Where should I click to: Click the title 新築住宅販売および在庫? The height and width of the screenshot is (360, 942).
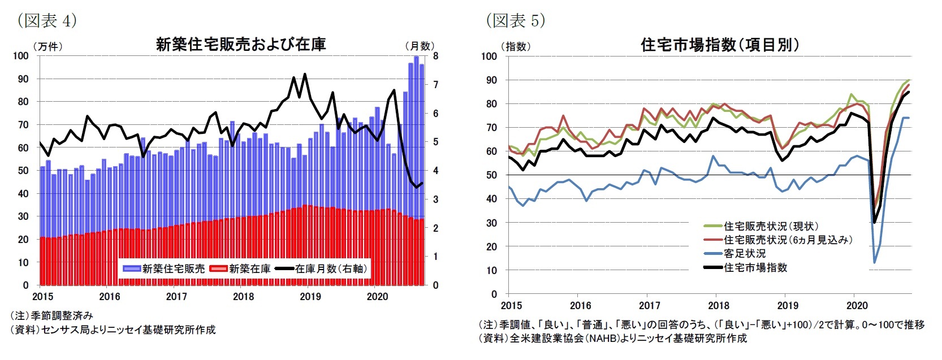click(x=240, y=45)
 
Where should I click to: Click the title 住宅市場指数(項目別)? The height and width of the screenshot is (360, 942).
click(x=720, y=45)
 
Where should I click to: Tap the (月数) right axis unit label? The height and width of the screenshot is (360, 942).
click(x=419, y=46)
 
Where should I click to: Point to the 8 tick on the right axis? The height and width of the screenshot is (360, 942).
click(x=435, y=56)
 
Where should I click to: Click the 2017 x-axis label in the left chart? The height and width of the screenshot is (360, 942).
click(x=176, y=297)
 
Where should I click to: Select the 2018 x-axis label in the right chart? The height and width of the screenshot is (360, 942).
click(x=719, y=306)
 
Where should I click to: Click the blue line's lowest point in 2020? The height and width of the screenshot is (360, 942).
click(x=874, y=262)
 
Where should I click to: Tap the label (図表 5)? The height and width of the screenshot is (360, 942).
click(x=515, y=21)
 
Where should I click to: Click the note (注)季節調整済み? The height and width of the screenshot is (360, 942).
click(x=51, y=315)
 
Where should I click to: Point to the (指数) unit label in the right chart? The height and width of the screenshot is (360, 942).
click(x=515, y=46)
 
